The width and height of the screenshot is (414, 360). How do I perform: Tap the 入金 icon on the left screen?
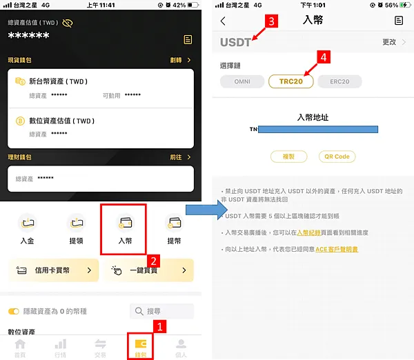click(x=28, y=229)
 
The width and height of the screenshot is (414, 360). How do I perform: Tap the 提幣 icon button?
click(x=174, y=229)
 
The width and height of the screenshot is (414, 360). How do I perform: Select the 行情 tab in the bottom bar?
click(x=60, y=347)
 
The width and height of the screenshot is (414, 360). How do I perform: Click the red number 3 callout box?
click(x=272, y=22)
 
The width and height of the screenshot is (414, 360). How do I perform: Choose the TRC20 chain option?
click(x=290, y=81)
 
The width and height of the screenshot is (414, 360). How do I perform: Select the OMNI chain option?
click(x=242, y=81)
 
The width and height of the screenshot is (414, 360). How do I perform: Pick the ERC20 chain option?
click(x=339, y=81)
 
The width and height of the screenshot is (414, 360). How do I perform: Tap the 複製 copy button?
click(x=288, y=157)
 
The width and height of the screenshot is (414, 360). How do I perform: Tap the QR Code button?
click(x=337, y=157)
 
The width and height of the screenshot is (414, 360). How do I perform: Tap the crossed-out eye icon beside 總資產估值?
click(x=68, y=23)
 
